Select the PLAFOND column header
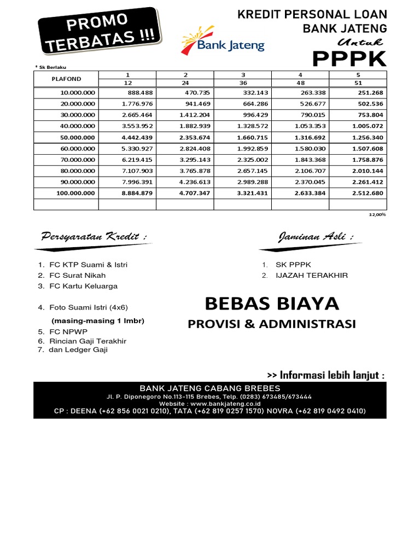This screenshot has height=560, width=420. tap(66, 79)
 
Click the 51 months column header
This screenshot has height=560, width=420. tap(358, 83)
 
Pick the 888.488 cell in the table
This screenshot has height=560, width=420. tap(139, 93)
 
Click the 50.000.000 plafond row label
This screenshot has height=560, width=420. tap(77, 137)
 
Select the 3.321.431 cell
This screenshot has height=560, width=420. tap(253, 193)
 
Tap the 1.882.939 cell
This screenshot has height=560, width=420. tap(196, 126)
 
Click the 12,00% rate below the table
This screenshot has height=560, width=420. tap(378, 215)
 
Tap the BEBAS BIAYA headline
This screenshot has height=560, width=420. tap(272, 302)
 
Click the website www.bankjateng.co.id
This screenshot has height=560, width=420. tap(210, 404)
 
